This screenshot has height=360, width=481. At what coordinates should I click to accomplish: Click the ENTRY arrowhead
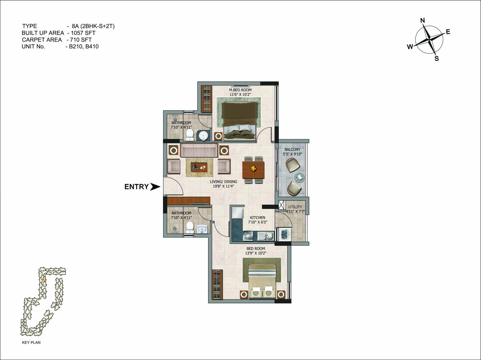[155, 187]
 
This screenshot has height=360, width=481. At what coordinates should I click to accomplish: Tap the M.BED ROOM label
[240, 90]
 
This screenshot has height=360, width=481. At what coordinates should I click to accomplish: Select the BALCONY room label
[292, 150]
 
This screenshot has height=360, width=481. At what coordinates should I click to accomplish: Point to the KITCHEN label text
[257, 218]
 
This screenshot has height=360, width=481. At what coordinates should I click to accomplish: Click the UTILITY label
[295, 207]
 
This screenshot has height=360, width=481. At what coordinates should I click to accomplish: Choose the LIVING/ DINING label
[223, 182]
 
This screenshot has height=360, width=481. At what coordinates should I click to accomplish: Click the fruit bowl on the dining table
[253, 168]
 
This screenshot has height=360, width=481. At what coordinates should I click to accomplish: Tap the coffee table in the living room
[199, 167]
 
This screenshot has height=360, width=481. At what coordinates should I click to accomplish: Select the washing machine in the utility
[285, 235]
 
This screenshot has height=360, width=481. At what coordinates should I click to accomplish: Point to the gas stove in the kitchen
[248, 236]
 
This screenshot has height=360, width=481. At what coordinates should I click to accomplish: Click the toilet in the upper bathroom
[189, 135]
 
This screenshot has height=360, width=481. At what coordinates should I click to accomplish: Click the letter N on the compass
[423, 21]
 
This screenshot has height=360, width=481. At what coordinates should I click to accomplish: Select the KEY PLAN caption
[31, 342]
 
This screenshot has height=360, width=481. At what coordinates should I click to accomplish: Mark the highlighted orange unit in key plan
[44, 279]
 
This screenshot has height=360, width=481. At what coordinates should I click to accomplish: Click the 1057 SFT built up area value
[83, 33]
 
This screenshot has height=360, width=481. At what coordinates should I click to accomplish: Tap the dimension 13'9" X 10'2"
[255, 253]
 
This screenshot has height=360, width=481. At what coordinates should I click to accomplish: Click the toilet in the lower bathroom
[189, 227]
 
